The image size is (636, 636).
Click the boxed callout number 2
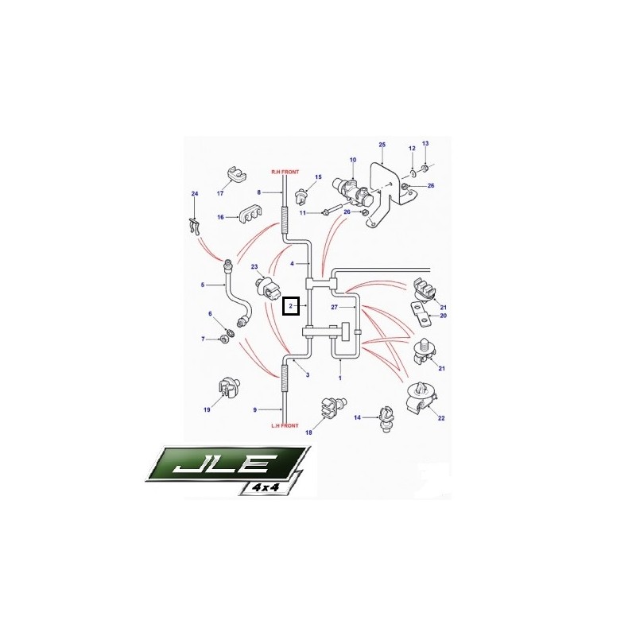[290, 306]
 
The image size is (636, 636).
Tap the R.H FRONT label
[285, 172]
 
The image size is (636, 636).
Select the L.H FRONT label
[285, 426]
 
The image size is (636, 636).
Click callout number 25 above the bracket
[382, 145]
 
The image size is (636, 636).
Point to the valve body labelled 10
[352, 191]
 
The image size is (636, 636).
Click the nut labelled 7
[223, 339]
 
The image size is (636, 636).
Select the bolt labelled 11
[332, 211]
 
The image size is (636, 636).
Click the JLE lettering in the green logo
[221, 464]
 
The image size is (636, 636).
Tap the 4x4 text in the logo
[266, 487]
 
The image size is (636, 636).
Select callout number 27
[334, 308]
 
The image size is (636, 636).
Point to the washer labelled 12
[412, 173]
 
